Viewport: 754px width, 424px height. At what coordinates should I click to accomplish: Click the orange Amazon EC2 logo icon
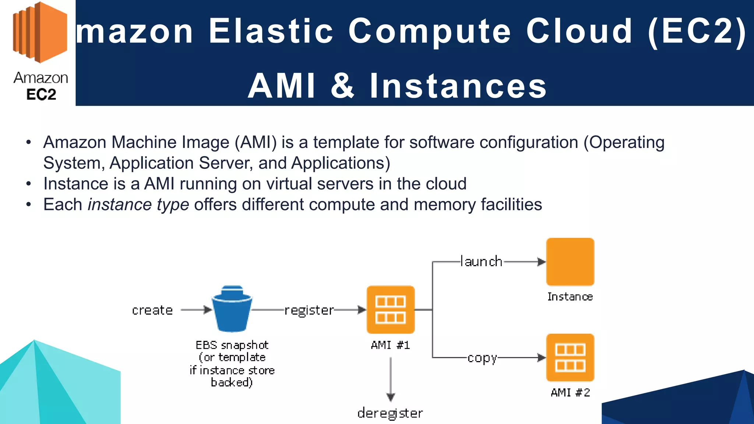40,32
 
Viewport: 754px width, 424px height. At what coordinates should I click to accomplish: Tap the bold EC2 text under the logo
41,95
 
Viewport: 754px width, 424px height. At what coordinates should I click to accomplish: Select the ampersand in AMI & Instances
342,86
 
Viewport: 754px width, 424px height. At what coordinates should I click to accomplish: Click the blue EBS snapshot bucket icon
232,309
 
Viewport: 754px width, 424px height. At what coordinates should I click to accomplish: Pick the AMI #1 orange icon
391,310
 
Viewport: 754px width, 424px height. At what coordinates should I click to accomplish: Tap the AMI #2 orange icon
570,357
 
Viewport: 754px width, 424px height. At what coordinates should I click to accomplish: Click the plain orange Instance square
570,262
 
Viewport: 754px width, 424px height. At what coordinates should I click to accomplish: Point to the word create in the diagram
152,310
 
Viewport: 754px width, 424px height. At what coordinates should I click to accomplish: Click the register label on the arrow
309,310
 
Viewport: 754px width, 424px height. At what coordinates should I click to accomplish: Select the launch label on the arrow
482,262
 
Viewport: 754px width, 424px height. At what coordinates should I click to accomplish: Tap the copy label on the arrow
482,358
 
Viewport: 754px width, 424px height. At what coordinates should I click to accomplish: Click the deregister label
390,413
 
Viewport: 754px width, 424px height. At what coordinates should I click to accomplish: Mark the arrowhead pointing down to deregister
391,397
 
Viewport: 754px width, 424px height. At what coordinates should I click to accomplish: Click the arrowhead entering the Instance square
541,262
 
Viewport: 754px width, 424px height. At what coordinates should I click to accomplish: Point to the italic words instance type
138,205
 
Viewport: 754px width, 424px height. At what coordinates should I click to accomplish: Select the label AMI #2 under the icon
570,393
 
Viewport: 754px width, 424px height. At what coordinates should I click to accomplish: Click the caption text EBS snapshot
232,345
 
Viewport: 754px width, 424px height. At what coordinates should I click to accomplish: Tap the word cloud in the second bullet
446,184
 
